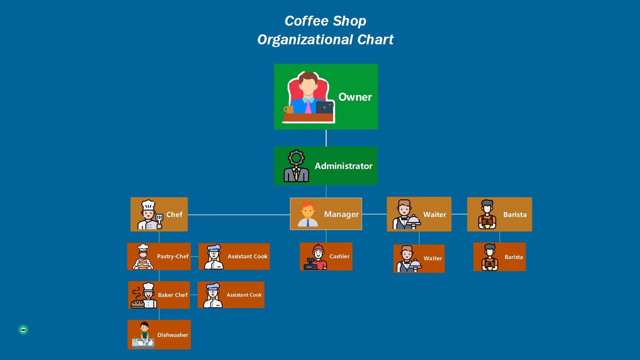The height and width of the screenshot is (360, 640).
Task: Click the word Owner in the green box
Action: coord(355,97)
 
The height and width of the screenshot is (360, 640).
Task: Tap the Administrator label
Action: coord(343,166)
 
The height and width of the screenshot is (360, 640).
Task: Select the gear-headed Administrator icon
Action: coord(296,166)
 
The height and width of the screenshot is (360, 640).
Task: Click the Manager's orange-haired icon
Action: coord(308,214)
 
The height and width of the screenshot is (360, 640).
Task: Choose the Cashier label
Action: coord(339,256)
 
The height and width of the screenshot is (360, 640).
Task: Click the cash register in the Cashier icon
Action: coord(310,265)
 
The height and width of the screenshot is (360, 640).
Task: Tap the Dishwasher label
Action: coord(173,335)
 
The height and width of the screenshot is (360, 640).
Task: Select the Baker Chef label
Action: coord(173,295)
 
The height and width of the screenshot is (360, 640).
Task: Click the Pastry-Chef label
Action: coord(173,256)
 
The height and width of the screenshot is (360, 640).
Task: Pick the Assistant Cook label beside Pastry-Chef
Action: coord(247,256)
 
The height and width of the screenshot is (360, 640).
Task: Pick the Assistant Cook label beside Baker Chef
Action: coord(244,295)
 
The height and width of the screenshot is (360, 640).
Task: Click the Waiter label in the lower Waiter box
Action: coord(433,258)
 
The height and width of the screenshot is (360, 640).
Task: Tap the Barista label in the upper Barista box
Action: coord(515,215)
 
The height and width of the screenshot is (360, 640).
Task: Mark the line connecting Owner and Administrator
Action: coord(326,138)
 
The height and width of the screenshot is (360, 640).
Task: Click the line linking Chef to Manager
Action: coord(239,215)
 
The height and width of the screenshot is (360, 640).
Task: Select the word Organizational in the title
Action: coord(305,40)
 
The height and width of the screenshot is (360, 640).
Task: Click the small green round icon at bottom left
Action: coord(23,330)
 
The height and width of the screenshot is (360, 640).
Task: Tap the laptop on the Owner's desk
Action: coord(324,107)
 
